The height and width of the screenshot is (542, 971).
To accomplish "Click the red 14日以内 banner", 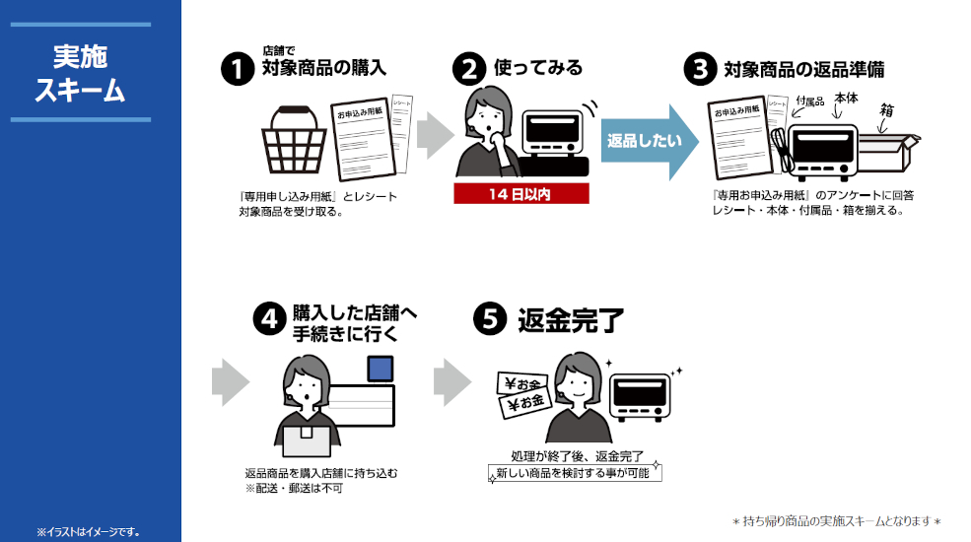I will click(520, 193).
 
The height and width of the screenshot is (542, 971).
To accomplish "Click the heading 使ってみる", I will click(537, 68).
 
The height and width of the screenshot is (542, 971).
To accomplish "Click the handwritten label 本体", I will click(846, 99).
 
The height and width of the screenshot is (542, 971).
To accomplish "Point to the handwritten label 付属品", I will click(808, 102).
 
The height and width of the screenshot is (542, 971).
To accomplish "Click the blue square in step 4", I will click(380, 370).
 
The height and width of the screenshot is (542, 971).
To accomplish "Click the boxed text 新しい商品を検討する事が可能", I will click(576, 474).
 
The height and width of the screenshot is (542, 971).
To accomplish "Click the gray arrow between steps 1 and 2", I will click(432, 134).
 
